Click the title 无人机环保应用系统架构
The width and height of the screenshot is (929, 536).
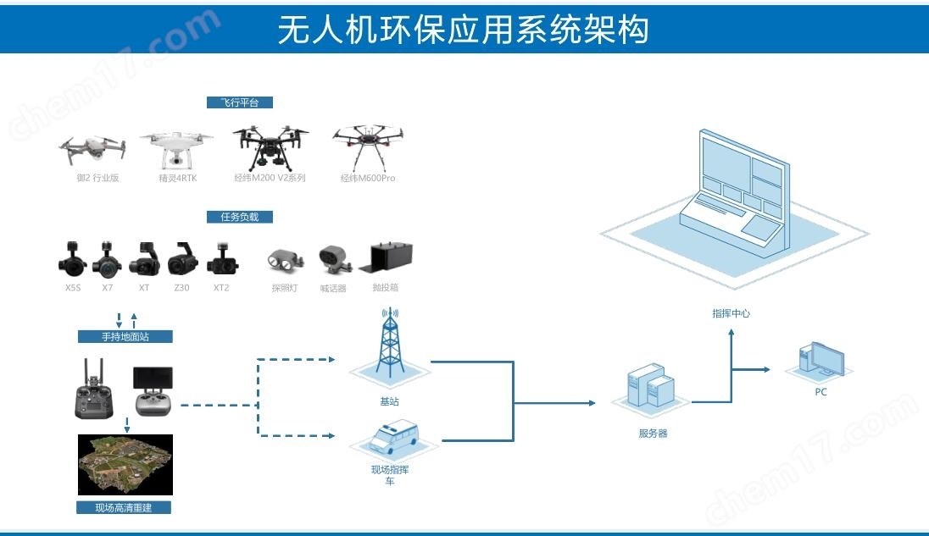pos(464,30)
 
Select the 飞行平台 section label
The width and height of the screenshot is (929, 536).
pos(240,102)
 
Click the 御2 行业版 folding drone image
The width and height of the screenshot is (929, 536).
pos(92,151)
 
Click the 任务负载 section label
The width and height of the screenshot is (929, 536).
pos(240,217)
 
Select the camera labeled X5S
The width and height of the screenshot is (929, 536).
pos(73,257)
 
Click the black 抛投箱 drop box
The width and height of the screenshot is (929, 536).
pos(391,257)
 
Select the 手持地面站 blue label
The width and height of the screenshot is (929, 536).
pos(125,336)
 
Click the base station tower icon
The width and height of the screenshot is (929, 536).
pos(389,347)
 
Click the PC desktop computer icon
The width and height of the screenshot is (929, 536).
pos(821,361)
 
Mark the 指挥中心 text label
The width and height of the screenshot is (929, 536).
pos(731,313)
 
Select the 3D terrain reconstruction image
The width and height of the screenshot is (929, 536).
pos(125,464)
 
